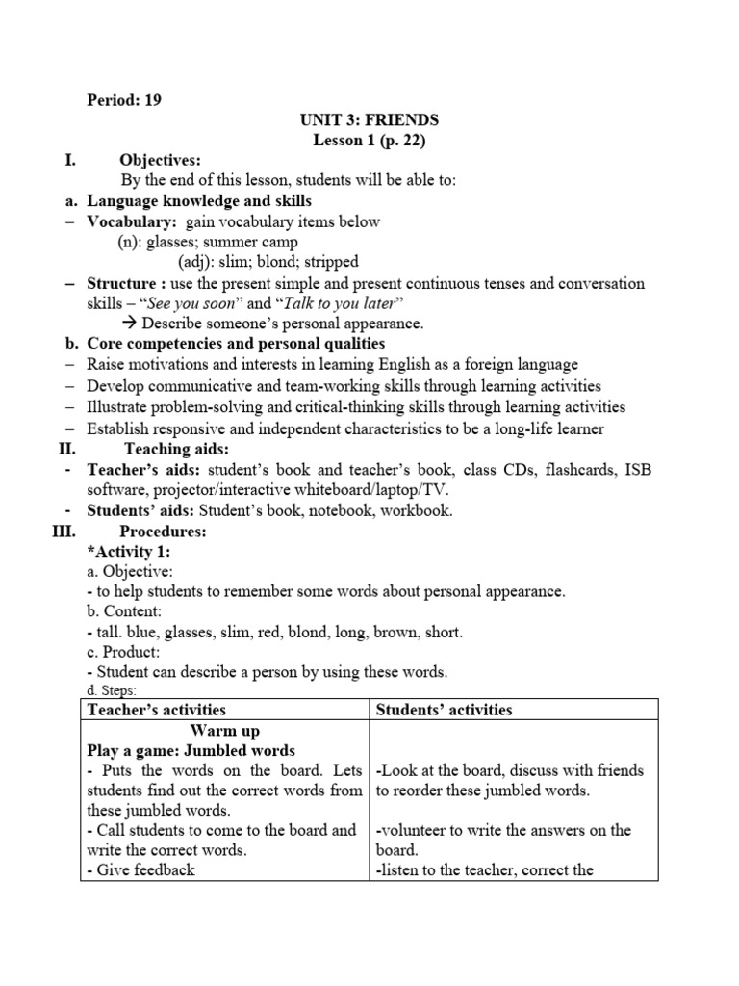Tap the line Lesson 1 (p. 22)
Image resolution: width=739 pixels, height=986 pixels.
point(369,141)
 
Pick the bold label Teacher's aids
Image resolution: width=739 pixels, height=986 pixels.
point(141,470)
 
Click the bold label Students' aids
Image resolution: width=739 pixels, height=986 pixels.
point(141,510)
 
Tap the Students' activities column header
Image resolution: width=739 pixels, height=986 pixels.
point(444,711)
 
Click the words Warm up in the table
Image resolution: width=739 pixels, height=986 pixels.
point(225,731)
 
